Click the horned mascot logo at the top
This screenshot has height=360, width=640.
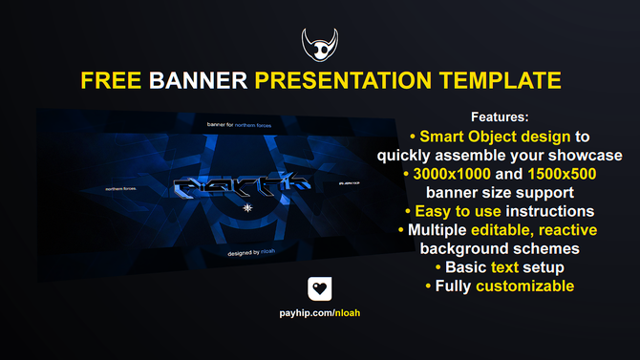click(320, 43)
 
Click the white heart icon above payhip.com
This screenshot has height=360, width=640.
click(320, 289)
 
